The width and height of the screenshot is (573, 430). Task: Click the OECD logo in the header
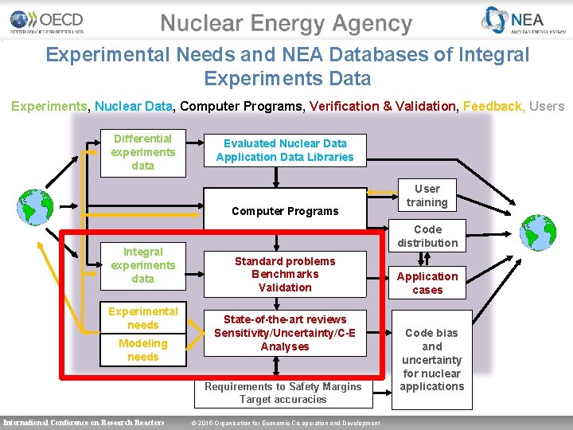[x=46, y=21]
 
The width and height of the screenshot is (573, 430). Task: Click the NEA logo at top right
[x=524, y=21]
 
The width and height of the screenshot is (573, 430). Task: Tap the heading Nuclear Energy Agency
[x=286, y=24]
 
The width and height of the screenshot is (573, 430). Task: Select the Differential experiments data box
[x=143, y=152]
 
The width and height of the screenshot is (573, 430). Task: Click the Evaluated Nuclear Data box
[x=285, y=150]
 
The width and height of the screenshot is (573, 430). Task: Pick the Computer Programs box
[x=285, y=211]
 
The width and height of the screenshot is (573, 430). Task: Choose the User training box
[x=427, y=196]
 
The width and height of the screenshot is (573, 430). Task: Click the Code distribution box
[x=427, y=236]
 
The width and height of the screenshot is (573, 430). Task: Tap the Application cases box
[x=427, y=283]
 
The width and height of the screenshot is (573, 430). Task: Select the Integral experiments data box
[x=143, y=265]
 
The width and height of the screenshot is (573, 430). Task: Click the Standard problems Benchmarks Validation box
[x=285, y=274]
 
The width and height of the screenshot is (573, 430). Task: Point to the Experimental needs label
[x=143, y=318]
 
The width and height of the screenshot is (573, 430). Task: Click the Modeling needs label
[x=143, y=350]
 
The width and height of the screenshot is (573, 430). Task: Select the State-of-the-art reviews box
[x=285, y=333]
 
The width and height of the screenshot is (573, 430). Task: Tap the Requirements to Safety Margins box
[x=283, y=393]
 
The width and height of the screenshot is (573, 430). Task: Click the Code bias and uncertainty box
[x=431, y=359]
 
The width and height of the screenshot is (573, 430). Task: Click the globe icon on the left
[x=35, y=207]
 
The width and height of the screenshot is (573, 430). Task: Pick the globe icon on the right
[x=538, y=233]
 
